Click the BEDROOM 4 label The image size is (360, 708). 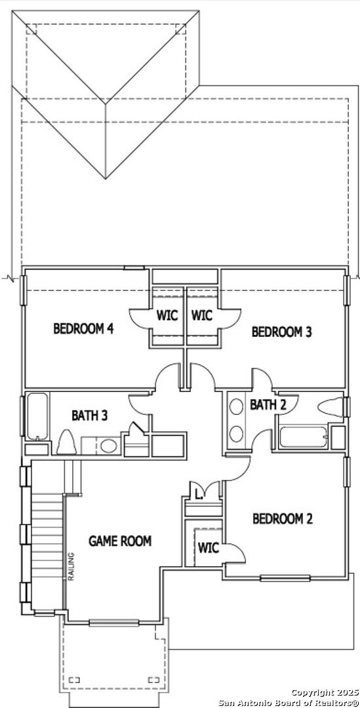coord(83,328)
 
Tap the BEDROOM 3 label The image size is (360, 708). coord(282,332)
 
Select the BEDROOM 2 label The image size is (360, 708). coord(283,519)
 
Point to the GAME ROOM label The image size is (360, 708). coord(120,541)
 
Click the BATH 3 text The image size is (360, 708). coord(89,416)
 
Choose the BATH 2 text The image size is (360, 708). coord(268,405)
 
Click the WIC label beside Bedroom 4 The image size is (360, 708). coord(167,315)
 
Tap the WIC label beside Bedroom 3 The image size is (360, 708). coord(202,315)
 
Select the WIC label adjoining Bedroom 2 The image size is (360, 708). coord(209,548)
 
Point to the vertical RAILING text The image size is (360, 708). coord(70,566)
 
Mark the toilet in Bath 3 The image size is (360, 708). coord(66,442)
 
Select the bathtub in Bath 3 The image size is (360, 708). coord(37,416)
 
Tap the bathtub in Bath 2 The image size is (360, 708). coord(303,437)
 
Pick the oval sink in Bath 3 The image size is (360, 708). coord(108,446)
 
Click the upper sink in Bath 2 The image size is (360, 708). coord(236,406)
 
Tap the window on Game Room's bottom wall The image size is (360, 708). coord(113,623)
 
